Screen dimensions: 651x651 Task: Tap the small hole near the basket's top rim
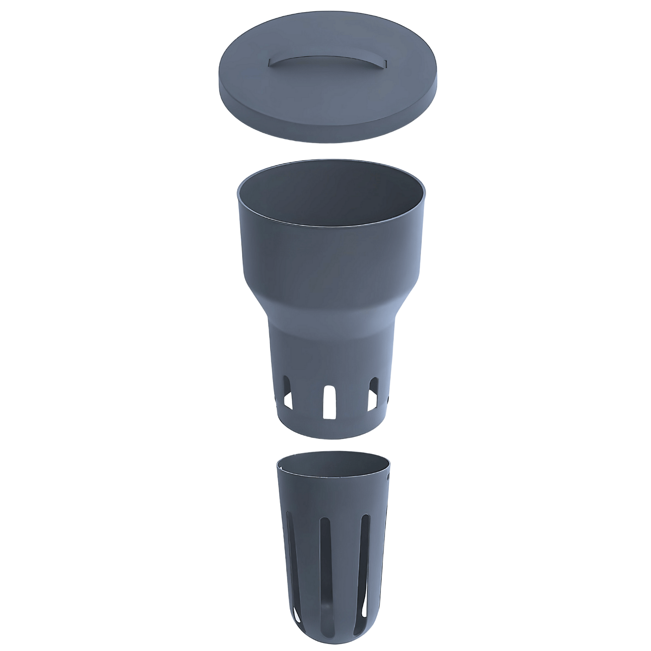pos(388,477)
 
